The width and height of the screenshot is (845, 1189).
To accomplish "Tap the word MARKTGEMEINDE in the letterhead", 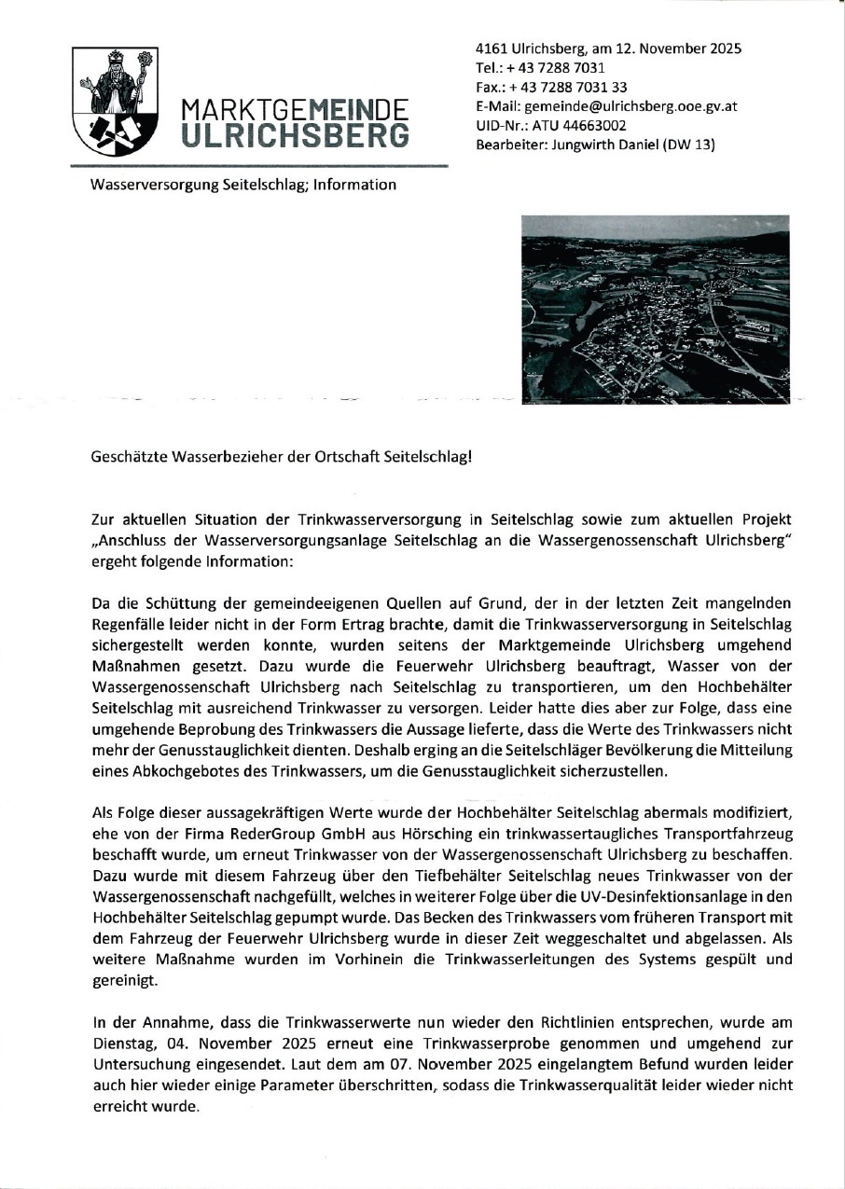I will click(x=295, y=109).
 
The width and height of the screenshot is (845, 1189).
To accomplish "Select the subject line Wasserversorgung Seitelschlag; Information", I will click(x=242, y=185).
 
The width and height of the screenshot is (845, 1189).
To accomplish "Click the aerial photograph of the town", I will click(x=656, y=309).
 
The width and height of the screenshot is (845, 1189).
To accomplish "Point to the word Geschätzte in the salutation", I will click(x=125, y=457).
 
